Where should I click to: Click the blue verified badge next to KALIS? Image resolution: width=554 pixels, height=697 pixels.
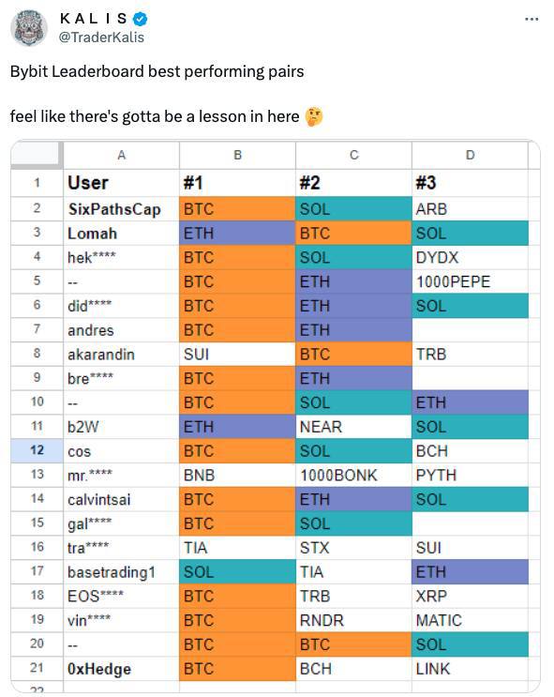[x=141, y=19]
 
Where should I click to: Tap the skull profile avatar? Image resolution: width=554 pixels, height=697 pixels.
[x=29, y=27]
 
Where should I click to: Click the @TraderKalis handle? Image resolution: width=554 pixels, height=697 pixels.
[x=101, y=38]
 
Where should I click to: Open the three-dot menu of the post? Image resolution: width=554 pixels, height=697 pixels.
[x=532, y=19]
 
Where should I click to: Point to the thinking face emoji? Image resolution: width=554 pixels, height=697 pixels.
[x=314, y=117]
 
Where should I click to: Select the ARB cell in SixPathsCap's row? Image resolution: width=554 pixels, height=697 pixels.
[x=470, y=209]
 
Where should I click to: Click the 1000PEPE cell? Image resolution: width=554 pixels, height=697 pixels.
[x=470, y=281]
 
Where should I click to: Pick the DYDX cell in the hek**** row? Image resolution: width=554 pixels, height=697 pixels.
[x=470, y=257]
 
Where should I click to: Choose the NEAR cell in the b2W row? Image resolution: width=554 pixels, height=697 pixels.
[x=353, y=427]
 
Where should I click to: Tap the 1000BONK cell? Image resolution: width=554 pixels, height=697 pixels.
[x=353, y=476]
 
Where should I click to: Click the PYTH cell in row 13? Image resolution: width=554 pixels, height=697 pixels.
[x=470, y=476]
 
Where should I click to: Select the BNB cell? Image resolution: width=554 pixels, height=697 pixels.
[x=237, y=476]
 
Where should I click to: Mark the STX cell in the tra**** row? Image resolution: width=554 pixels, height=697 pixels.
[x=353, y=548]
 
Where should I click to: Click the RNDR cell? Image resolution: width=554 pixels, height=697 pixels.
[x=353, y=620]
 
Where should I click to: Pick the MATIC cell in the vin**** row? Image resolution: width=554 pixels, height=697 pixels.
[x=470, y=620]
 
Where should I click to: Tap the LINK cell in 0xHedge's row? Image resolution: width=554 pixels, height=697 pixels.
[x=470, y=669]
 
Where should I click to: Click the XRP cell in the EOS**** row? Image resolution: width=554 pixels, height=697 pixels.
[x=470, y=596]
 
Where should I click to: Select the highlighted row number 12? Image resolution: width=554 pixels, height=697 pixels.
[x=37, y=450]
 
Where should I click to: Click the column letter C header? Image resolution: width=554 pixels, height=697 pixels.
[x=353, y=155]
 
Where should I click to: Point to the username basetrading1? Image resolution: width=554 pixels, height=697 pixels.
[x=112, y=572]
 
